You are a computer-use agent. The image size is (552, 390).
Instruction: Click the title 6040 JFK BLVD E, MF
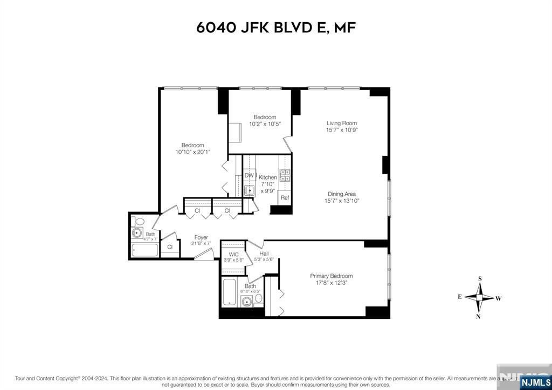[x=275, y=28]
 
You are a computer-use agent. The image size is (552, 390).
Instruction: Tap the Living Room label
[x=342, y=123]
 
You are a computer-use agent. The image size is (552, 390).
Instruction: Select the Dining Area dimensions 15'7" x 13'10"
[x=342, y=201]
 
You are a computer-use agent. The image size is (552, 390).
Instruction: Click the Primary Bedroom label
[x=331, y=276]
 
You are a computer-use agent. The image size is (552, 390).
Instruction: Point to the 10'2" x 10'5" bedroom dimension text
[x=265, y=124]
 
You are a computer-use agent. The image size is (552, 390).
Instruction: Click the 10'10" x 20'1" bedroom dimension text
[x=192, y=152]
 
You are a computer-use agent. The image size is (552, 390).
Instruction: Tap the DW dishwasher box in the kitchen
[x=249, y=175]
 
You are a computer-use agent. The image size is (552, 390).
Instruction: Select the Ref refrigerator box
[x=285, y=198]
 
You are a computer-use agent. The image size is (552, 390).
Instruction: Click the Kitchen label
[x=267, y=177]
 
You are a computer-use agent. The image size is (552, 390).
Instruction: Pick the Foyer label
[x=201, y=237]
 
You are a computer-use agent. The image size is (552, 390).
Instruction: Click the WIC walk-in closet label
[x=233, y=254]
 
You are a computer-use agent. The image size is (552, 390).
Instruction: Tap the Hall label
[x=264, y=254]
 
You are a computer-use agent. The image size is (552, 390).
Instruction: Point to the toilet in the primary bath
[x=258, y=298]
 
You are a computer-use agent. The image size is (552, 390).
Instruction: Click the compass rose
[x=479, y=297]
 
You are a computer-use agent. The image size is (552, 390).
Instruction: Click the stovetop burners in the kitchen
[x=285, y=175]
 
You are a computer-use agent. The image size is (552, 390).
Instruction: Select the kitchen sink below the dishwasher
[x=249, y=190]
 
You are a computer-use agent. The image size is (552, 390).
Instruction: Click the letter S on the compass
[x=479, y=279]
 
